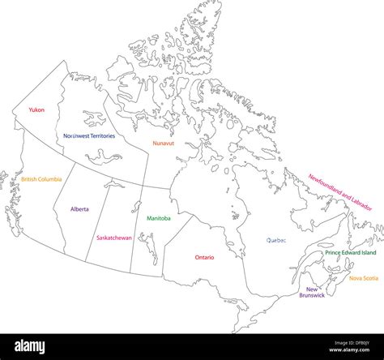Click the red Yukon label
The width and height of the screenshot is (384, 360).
36,109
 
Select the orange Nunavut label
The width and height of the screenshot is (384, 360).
164,144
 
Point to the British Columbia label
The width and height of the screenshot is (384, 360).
41,179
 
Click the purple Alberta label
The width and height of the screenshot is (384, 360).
79,208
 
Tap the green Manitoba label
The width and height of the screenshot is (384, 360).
159,218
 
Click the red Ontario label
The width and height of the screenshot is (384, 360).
204,257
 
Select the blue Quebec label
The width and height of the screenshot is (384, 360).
276,240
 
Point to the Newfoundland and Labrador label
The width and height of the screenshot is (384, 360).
339,191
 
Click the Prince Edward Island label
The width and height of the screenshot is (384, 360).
350,253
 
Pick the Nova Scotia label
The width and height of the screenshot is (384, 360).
364,278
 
